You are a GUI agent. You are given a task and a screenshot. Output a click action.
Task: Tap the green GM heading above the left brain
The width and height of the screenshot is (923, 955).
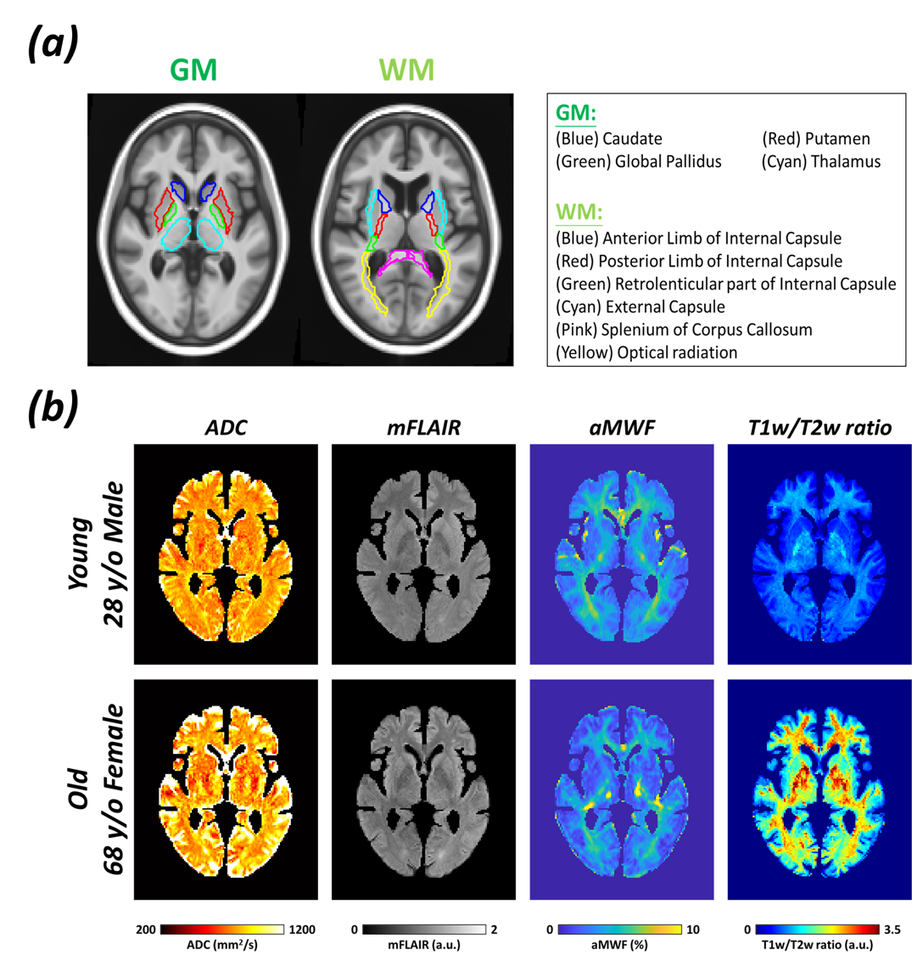[193, 70]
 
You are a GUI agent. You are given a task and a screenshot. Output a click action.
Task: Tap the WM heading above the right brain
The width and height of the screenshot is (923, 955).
[406, 70]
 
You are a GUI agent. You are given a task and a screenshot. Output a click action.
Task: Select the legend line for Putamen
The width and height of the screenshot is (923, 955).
[815, 138]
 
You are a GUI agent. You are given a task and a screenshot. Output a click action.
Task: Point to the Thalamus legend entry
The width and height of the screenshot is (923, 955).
[820, 161]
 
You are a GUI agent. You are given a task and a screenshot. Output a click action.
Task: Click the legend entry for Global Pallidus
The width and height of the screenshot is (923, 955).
[638, 161]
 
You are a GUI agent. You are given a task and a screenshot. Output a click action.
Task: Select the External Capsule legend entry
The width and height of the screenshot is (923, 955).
[641, 306]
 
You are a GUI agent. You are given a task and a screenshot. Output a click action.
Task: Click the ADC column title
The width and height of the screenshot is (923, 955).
[227, 429]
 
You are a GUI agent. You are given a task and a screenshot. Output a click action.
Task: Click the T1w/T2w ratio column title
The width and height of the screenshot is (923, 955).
[817, 429]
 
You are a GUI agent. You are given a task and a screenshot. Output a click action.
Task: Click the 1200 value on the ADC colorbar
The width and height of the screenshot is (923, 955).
[301, 930]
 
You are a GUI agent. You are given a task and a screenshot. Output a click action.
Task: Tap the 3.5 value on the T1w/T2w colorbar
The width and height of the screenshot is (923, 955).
[892, 930]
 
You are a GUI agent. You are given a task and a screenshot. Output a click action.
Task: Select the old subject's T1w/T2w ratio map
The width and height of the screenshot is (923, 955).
[818, 789]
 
